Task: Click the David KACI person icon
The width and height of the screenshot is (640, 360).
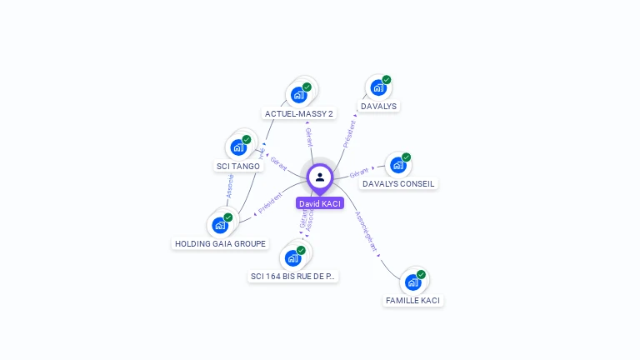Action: (x=320, y=177)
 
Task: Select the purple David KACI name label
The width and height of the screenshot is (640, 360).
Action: (x=320, y=203)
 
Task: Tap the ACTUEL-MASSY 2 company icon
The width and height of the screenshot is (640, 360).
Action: (x=299, y=94)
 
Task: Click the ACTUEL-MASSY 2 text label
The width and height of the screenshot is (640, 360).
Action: (x=298, y=113)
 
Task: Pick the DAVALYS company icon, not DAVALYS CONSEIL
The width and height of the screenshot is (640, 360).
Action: (x=378, y=87)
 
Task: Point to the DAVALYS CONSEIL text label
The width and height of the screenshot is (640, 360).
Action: (x=398, y=183)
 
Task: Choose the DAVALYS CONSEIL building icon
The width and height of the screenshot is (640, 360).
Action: (x=398, y=164)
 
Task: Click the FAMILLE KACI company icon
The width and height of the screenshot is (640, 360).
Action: (x=412, y=282)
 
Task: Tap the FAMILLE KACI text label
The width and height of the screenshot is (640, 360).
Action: (x=413, y=300)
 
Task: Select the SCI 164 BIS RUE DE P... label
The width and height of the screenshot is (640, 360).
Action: (x=293, y=276)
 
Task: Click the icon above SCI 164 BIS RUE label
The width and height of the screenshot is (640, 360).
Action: (x=292, y=257)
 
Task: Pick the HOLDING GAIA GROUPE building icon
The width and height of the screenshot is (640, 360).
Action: (x=219, y=225)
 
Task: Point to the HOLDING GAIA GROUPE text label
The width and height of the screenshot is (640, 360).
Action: (x=221, y=243)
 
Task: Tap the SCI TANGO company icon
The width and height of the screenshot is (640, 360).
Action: (x=238, y=147)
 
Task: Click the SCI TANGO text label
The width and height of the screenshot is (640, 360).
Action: (x=238, y=166)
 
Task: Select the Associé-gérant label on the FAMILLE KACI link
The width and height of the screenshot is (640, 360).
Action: (x=367, y=231)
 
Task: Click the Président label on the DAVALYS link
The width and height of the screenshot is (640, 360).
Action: (x=349, y=132)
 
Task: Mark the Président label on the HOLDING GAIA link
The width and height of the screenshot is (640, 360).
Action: (x=271, y=204)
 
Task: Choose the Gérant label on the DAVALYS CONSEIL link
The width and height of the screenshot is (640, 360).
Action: (x=359, y=172)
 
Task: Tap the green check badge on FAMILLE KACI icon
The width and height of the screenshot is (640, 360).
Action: (x=421, y=274)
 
